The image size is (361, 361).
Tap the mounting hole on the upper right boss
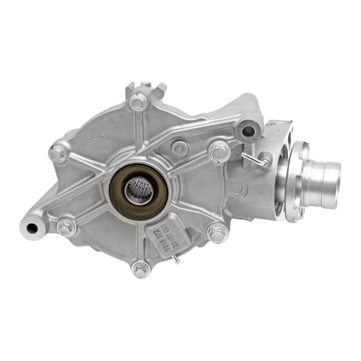click(x=248, y=130)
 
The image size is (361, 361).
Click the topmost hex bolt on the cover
click(x=138, y=102)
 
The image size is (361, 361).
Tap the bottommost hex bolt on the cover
click(x=140, y=270)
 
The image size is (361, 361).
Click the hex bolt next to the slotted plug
click(x=219, y=151)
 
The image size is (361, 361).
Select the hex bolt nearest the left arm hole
click(x=67, y=227)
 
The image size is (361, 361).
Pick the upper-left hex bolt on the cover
click(x=58, y=153)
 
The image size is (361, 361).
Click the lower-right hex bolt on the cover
click(x=217, y=234)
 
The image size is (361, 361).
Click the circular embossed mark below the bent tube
click(x=237, y=189)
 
